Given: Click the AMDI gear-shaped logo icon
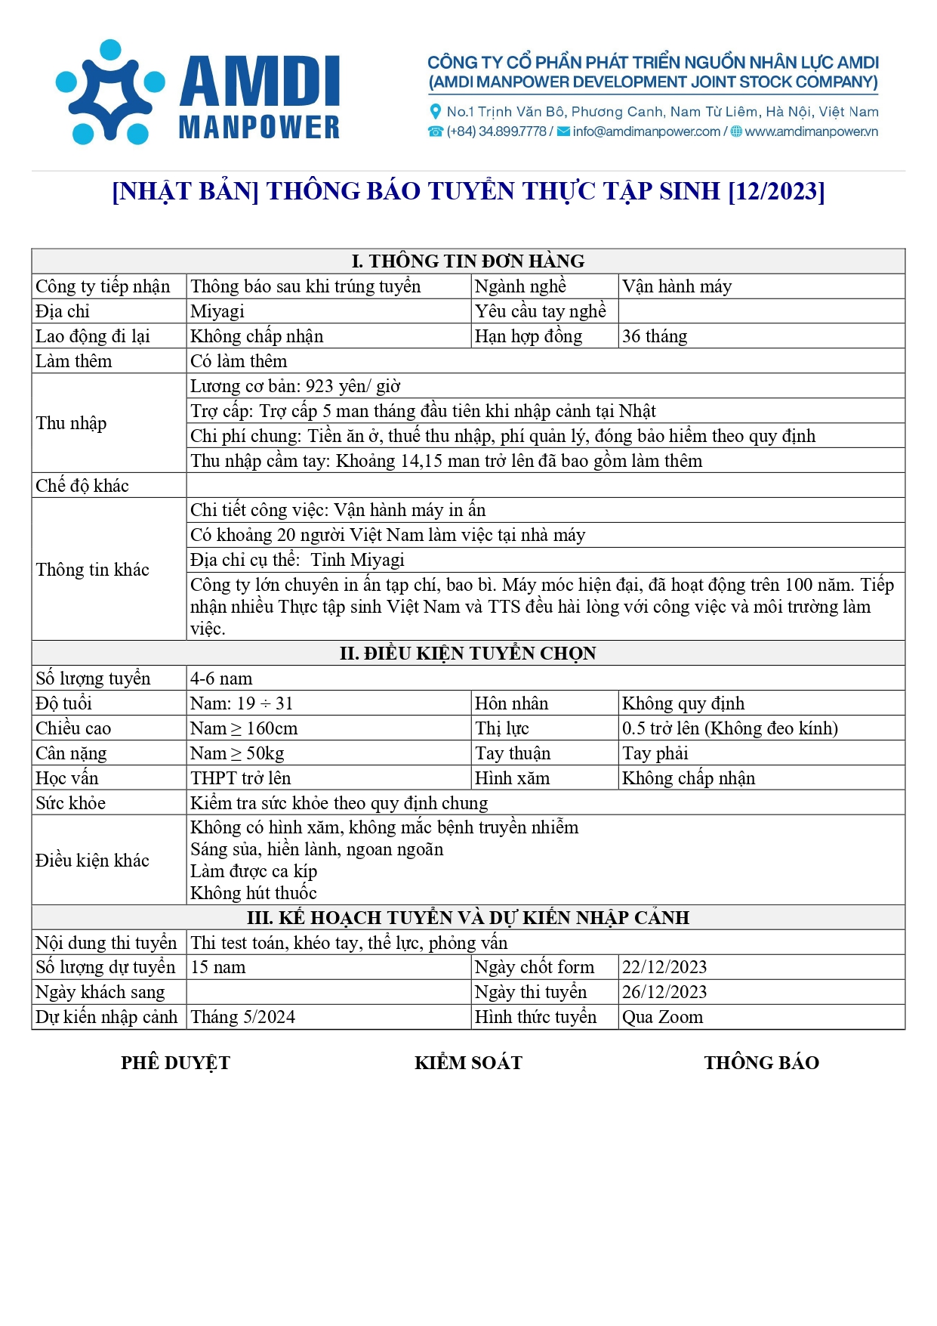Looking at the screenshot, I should [x=110, y=91].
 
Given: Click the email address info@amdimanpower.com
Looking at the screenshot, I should [x=646, y=131].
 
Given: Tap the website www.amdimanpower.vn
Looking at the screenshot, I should [x=811, y=131].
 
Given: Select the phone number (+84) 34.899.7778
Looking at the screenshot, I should [x=496, y=131].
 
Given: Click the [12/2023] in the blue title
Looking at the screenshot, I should [x=776, y=191].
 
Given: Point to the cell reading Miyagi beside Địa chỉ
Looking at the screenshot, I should [x=217, y=311].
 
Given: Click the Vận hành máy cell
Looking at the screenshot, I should [x=677, y=286].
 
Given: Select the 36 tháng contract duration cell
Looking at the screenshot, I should [x=655, y=336].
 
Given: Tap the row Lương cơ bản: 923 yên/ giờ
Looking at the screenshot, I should [x=295, y=386].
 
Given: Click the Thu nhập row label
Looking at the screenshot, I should [x=71, y=423].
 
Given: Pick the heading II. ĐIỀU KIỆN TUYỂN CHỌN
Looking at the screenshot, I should [x=468, y=654].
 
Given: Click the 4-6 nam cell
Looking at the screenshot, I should [x=221, y=678].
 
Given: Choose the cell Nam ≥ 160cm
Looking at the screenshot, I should [x=244, y=728].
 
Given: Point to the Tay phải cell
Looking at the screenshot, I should [x=655, y=753].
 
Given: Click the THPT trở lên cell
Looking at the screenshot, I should [x=240, y=778].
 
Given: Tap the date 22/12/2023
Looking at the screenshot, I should [x=664, y=967].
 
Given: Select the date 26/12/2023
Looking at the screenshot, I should [x=664, y=992].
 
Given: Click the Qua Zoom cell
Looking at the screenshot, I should [x=662, y=1017].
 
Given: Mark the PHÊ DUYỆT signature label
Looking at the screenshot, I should [x=175, y=1063].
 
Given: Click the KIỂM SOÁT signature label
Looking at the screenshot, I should [x=468, y=1063].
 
